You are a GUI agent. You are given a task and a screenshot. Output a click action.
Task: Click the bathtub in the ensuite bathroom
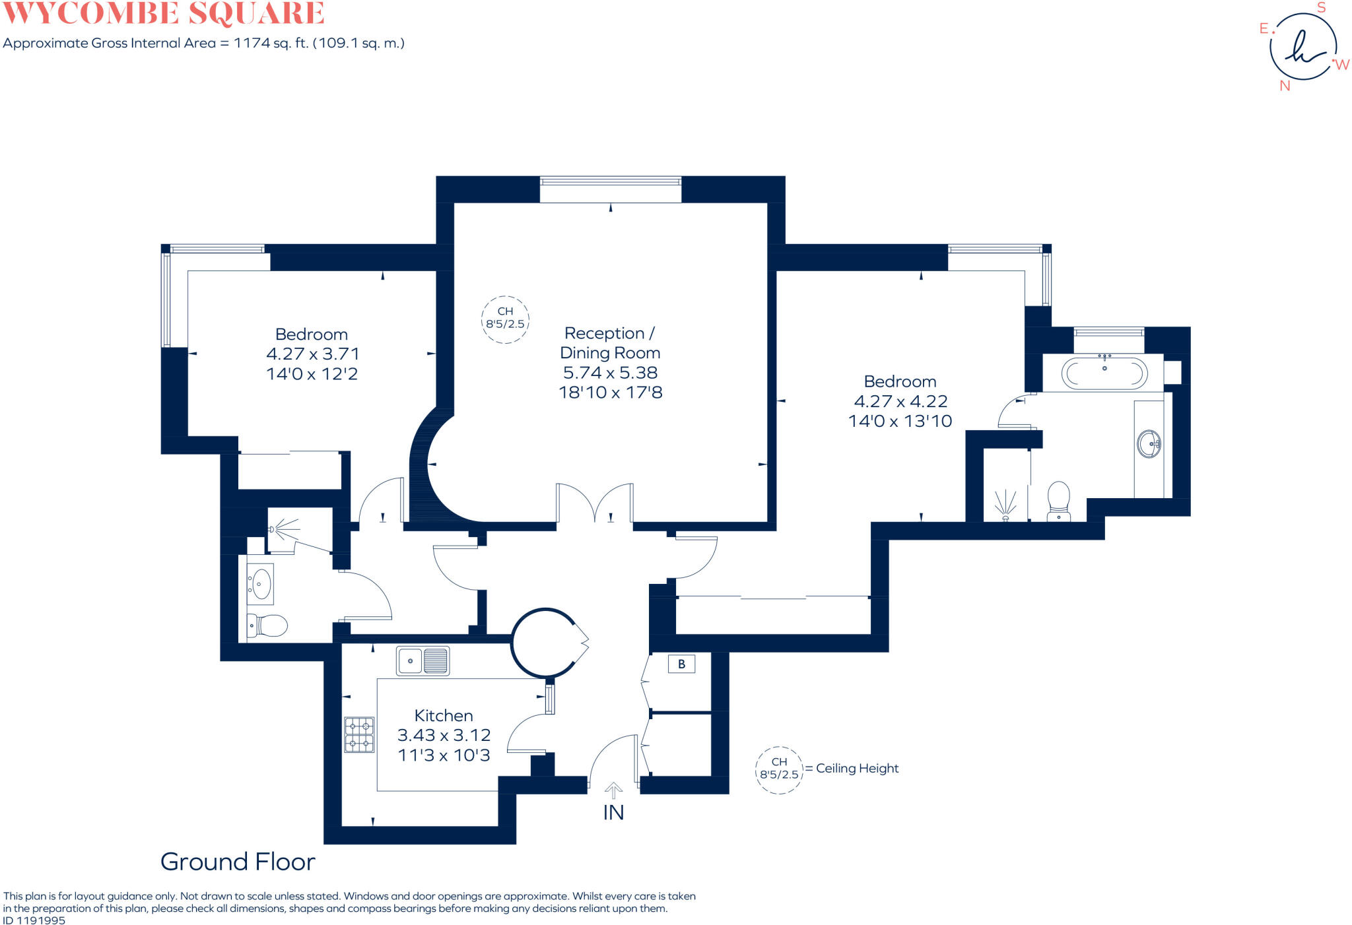point(1104,373)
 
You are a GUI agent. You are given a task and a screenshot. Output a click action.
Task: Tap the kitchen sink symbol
point(422,660)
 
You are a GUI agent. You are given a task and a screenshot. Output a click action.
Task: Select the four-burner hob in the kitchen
point(359,735)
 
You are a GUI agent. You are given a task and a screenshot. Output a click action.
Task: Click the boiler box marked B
point(681,664)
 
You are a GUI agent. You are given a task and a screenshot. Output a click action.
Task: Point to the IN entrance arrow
point(613,791)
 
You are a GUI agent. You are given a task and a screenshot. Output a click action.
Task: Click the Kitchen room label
point(444,716)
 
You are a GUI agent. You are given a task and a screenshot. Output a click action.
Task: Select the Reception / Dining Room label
point(610,343)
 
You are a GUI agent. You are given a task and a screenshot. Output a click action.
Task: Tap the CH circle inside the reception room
point(505,319)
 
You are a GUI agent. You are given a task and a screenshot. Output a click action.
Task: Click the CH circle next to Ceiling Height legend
point(779,769)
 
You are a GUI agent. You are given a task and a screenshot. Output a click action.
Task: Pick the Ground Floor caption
point(238,862)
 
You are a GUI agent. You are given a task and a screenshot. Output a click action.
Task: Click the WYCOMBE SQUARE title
point(164,13)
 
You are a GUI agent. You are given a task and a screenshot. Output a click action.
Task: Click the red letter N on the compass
point(1285,86)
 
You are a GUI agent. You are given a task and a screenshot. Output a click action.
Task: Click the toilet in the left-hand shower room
point(267,625)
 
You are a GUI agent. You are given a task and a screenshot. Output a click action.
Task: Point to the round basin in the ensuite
point(1149,443)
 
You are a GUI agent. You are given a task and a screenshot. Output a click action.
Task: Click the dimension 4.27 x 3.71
point(313,354)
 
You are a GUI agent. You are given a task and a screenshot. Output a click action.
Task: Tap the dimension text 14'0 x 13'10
point(900,421)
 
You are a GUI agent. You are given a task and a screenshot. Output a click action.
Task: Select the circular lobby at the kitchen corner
point(545,643)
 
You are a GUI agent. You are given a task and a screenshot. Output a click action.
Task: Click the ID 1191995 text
point(34,920)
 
